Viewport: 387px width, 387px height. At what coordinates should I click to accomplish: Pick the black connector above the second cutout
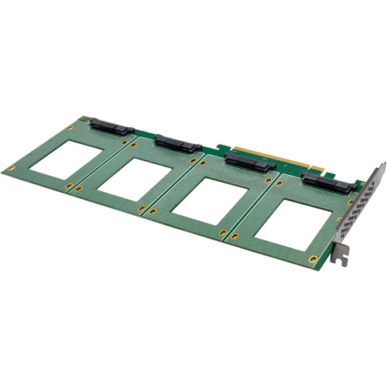pyautogui.click(x=178, y=143)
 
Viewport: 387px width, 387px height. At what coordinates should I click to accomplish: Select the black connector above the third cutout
pyautogui.click(x=248, y=163)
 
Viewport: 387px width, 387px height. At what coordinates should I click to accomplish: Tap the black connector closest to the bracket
pyautogui.click(x=329, y=183)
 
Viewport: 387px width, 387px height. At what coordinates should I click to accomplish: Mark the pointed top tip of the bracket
pyautogui.click(x=382, y=164)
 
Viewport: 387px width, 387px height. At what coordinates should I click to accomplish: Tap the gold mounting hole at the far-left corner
pyautogui.click(x=11, y=168)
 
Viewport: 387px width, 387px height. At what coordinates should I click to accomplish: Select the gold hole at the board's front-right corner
pyautogui.click(x=313, y=259)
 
